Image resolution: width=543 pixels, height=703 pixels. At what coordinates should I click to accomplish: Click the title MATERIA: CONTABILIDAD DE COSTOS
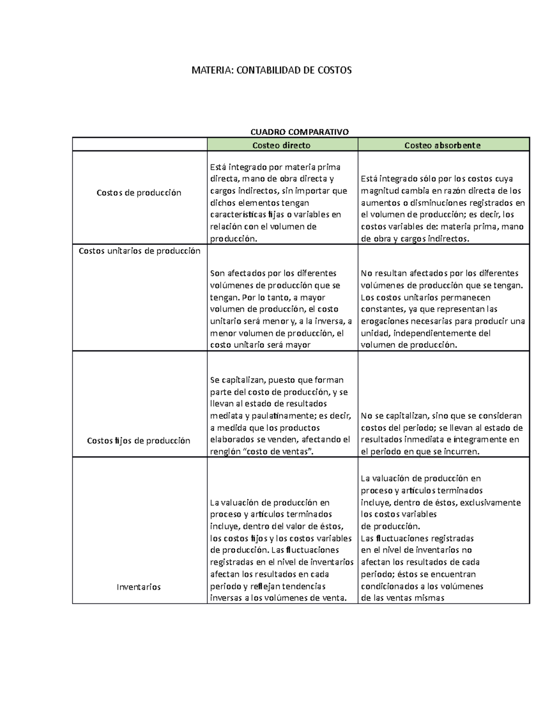click(271, 70)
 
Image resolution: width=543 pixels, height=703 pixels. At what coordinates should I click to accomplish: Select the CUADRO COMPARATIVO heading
click(300, 132)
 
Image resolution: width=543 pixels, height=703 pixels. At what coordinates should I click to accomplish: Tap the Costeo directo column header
click(281, 145)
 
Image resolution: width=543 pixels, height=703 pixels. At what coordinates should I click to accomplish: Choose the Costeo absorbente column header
click(442, 145)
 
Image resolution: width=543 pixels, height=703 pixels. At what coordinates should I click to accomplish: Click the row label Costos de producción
click(139, 193)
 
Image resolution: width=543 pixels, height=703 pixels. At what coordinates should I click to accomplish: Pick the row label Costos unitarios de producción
click(139, 251)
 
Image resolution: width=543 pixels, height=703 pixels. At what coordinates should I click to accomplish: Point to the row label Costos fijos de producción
click(138, 440)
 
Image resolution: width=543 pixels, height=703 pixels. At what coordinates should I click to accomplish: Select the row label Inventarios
click(138, 587)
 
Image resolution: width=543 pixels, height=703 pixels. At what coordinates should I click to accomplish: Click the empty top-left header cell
click(139, 145)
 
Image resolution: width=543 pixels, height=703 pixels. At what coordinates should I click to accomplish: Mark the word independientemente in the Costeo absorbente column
click(442, 333)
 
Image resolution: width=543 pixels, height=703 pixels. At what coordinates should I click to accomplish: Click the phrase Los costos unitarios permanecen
click(425, 297)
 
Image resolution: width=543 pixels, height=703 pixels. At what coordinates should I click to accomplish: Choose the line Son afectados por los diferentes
click(273, 273)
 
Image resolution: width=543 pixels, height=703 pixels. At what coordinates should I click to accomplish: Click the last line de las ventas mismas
click(402, 598)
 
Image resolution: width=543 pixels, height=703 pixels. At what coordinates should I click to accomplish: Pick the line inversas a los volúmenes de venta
click(278, 598)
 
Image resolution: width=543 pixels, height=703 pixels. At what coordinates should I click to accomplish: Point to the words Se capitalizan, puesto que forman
click(276, 380)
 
